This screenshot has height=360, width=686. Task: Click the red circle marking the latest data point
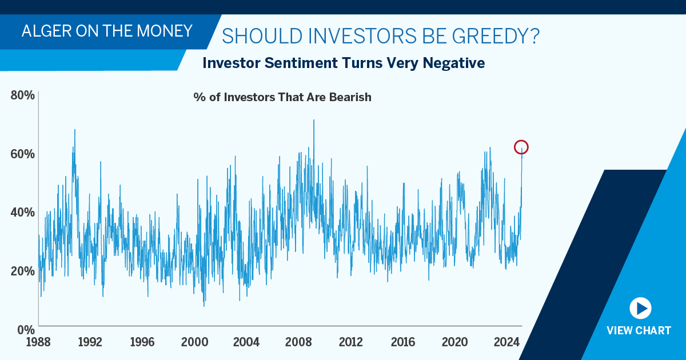(521, 147)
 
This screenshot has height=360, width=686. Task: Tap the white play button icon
(640, 309)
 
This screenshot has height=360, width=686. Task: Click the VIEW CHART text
(639, 331)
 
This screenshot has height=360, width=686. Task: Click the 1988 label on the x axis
(38, 343)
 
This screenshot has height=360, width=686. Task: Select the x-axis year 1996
(142, 343)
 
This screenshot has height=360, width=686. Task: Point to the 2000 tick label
(194, 343)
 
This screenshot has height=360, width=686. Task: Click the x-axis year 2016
(403, 343)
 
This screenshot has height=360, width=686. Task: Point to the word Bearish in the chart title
(350, 97)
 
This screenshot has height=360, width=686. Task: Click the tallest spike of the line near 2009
(313, 121)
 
